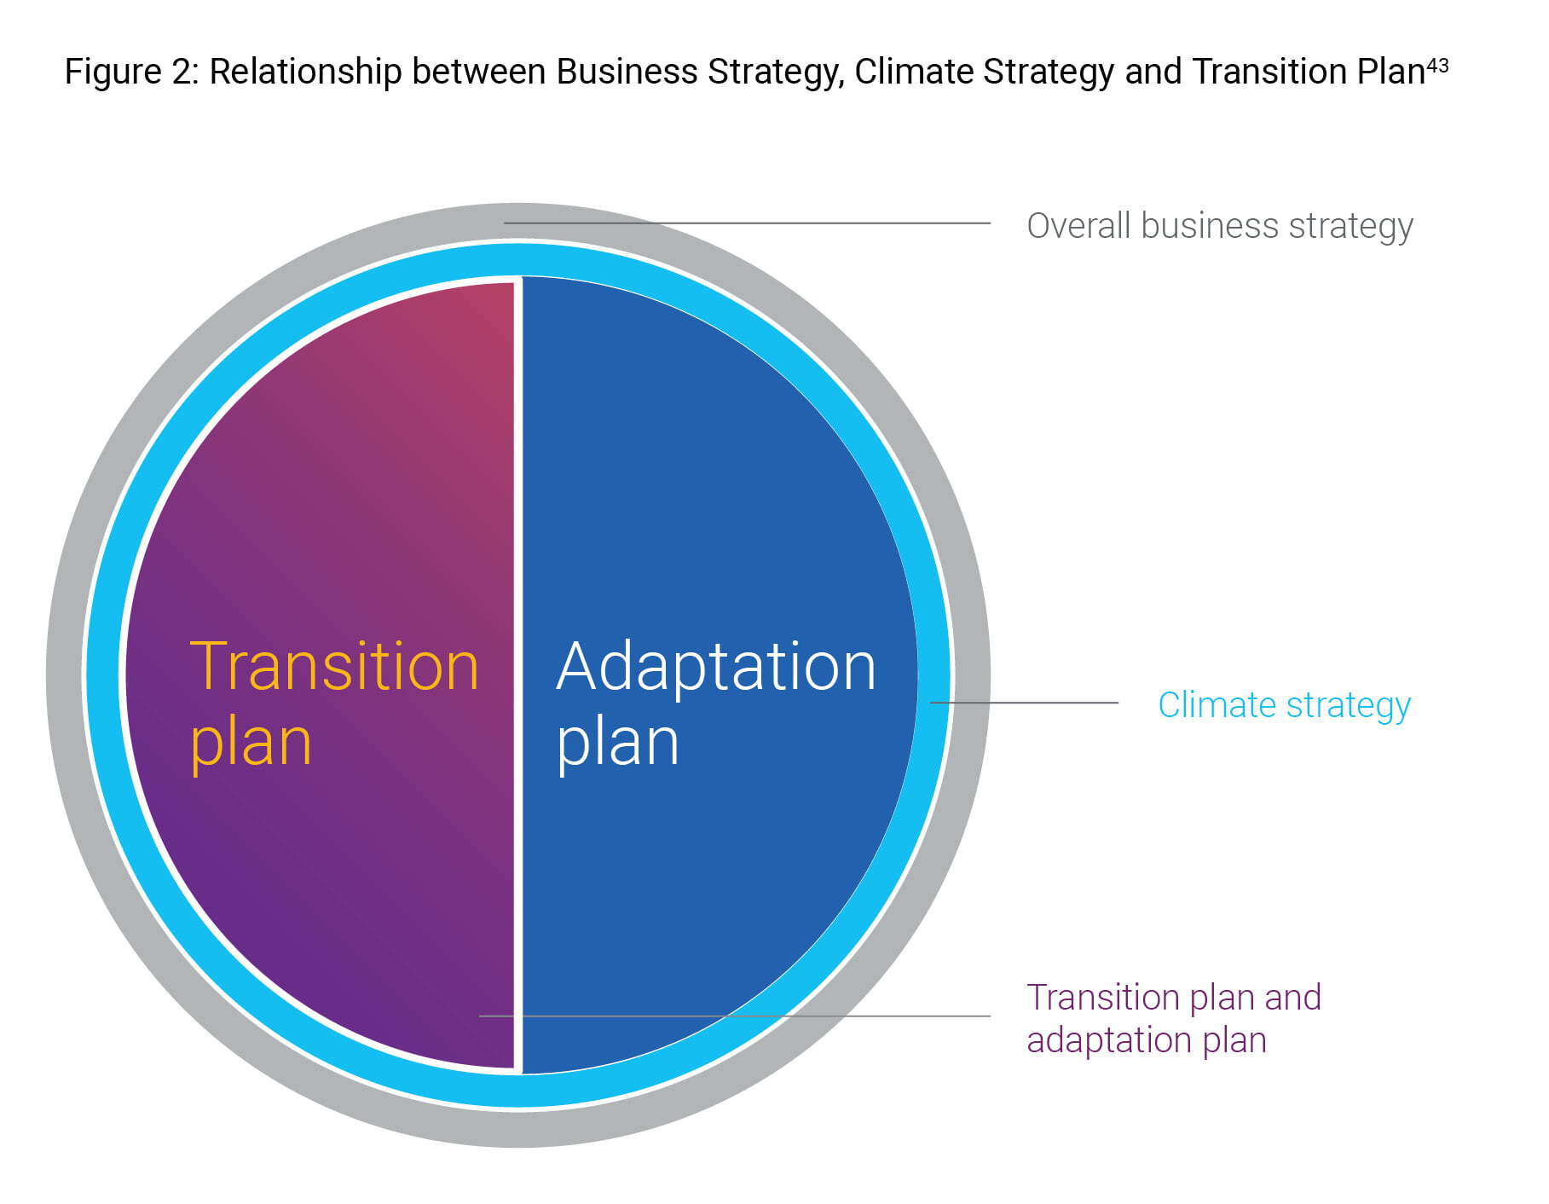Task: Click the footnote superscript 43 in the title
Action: (1437, 64)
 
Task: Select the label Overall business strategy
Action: (1220, 227)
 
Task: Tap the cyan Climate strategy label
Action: (1284, 706)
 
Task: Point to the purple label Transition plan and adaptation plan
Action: (1174, 1018)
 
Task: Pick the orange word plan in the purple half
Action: (251, 744)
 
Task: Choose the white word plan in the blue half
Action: (617, 744)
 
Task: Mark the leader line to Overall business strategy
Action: (747, 223)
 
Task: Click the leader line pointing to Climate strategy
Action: (1024, 703)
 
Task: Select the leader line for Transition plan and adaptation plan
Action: (735, 1016)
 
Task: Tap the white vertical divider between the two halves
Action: (517, 674)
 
